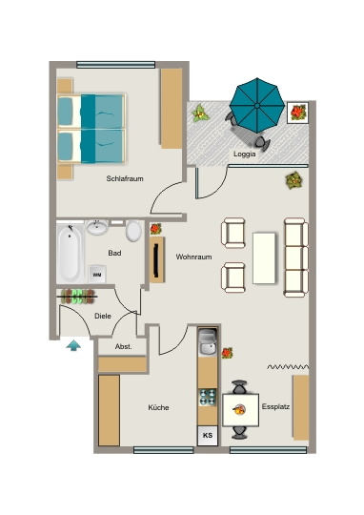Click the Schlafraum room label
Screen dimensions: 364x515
[125, 178]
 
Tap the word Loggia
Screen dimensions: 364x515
[245, 154]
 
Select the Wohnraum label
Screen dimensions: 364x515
[193, 257]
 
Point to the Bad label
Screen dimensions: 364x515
[114, 253]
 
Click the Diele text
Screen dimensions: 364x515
[103, 316]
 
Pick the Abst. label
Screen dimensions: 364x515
[124, 346]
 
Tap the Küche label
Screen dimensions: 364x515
[158, 407]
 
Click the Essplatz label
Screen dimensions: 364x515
[275, 406]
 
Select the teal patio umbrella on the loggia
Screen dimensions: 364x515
[257, 106]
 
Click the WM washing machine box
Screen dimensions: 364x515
[97, 275]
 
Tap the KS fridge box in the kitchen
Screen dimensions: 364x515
[208, 436]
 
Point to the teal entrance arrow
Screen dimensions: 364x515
[73, 345]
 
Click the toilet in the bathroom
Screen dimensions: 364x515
[133, 231]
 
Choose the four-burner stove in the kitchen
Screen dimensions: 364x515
[208, 397]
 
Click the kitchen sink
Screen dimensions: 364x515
[208, 342]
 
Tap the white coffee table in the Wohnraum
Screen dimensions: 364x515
[264, 258]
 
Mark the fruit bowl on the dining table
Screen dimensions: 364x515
[239, 409]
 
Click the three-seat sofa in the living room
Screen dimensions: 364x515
[296, 257]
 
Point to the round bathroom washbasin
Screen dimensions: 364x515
[97, 227]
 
